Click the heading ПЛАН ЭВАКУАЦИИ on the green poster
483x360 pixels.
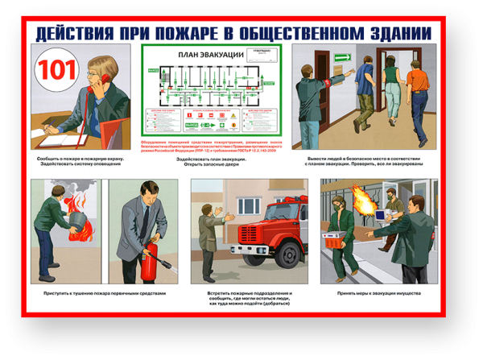[x=210, y=55]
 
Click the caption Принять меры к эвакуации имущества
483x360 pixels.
[x=378, y=293]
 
